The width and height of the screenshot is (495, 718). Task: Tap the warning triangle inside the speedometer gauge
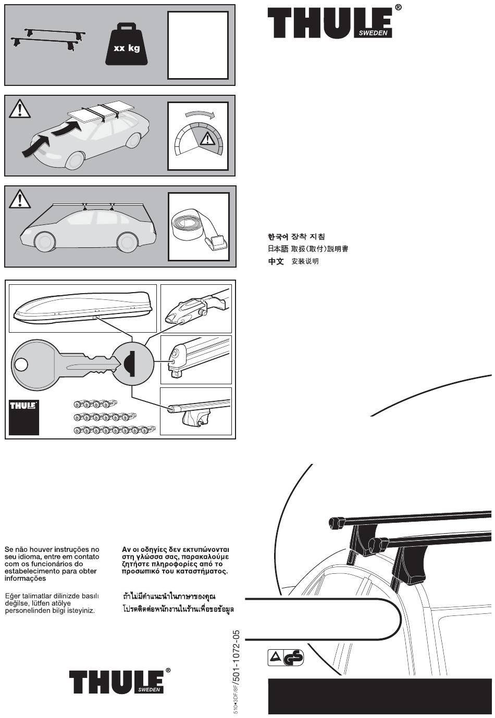(x=207, y=138)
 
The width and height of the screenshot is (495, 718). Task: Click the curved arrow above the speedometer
(x=199, y=114)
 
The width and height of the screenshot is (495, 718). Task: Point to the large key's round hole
(x=21, y=364)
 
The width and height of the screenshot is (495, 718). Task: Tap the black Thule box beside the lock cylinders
(x=23, y=417)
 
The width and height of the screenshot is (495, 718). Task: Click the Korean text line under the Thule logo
(x=296, y=237)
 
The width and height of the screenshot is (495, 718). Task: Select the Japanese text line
(x=308, y=249)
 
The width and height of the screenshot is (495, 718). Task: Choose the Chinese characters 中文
(x=276, y=261)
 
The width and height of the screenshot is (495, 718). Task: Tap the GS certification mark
(x=293, y=658)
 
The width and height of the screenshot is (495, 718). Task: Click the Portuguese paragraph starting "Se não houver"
(x=52, y=563)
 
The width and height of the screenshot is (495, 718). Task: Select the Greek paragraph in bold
(x=175, y=560)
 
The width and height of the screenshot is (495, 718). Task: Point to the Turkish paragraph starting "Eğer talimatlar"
(x=52, y=602)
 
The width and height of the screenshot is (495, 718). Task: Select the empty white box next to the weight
(x=198, y=45)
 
